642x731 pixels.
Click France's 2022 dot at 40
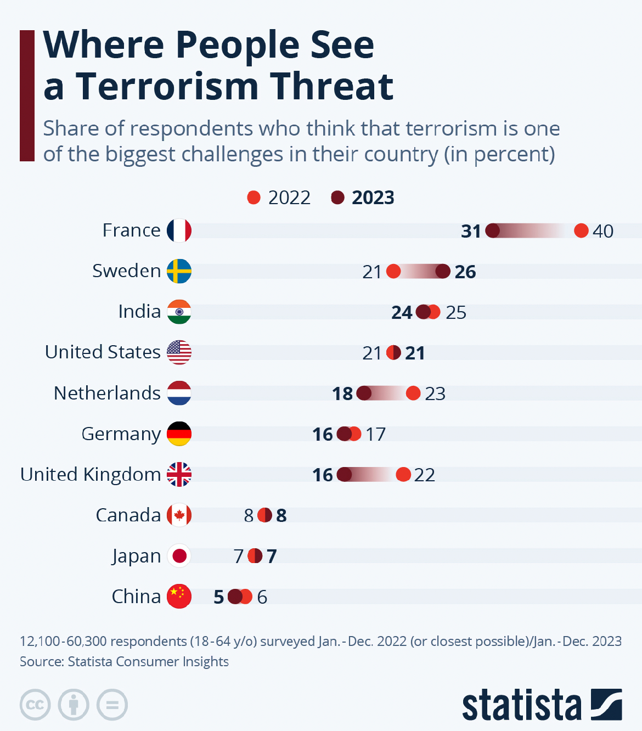coord(581,230)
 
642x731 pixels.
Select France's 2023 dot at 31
coord(493,230)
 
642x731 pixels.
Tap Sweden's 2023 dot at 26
coord(443,271)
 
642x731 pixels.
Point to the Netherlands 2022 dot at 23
coord(413,393)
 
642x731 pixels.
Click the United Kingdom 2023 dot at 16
coord(344,474)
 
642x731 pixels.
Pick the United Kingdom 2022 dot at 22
coord(403,474)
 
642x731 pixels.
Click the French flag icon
coord(179,230)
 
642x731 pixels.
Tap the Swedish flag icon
coord(179,271)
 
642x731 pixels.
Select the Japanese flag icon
coord(179,556)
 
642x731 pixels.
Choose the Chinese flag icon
coord(179,597)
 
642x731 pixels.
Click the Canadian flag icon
coord(179,515)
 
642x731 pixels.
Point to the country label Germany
coord(121,434)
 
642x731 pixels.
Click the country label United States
coord(103,352)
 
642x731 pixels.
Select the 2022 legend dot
coord(254,198)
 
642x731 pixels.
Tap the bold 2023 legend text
coord(373,198)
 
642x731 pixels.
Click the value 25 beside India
coord(456,312)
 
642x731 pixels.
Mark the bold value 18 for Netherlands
coord(342,393)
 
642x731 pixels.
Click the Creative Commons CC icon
coord(35,705)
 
